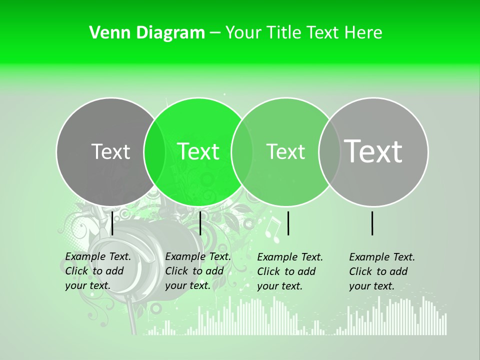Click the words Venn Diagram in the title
(146, 33)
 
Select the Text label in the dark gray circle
(110, 151)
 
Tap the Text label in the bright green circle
(198, 151)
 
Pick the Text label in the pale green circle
(285, 151)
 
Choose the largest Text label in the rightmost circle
(373, 151)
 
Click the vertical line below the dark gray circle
(112, 222)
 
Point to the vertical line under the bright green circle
(200, 222)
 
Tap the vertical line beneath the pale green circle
(288, 223)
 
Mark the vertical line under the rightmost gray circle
(372, 223)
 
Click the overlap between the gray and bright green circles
(154, 151)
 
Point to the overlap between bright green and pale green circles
(242, 151)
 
